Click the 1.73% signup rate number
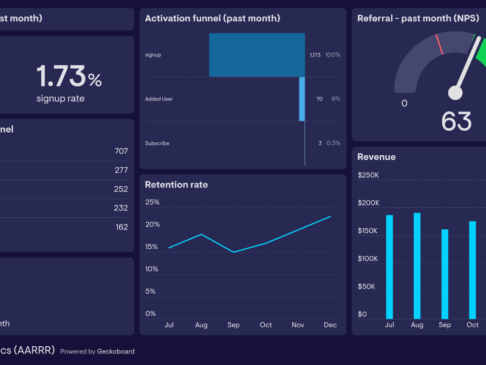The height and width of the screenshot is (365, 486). coord(69,76)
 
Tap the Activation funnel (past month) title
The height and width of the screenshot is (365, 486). coord(213,19)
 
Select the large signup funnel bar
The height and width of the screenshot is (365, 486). coord(257,55)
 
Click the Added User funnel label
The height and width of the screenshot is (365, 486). coord(159,99)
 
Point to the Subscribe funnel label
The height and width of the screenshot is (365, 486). coord(157,144)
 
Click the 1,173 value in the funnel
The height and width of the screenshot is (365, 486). coord(315,55)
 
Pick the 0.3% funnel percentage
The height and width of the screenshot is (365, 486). coord(333,144)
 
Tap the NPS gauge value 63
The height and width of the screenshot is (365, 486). coord(456,121)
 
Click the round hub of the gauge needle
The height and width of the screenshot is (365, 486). coord(455,92)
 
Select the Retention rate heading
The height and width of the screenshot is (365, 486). coord(176,185)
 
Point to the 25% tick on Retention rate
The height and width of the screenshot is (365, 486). coord(152,202)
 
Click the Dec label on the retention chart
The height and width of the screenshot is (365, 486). coord(330,325)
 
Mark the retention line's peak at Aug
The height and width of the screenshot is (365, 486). coord(201,234)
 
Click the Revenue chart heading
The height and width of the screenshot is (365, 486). coord(376,157)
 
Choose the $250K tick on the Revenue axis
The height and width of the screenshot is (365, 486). coord(368,175)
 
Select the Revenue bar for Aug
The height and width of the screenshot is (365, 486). coord(417,266)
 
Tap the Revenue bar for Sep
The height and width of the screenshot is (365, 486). coord(445,274)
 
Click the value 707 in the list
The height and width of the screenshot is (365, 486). coord(121,151)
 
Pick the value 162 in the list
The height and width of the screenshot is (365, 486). coord(122,227)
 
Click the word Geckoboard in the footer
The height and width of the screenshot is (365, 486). coord(116,352)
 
